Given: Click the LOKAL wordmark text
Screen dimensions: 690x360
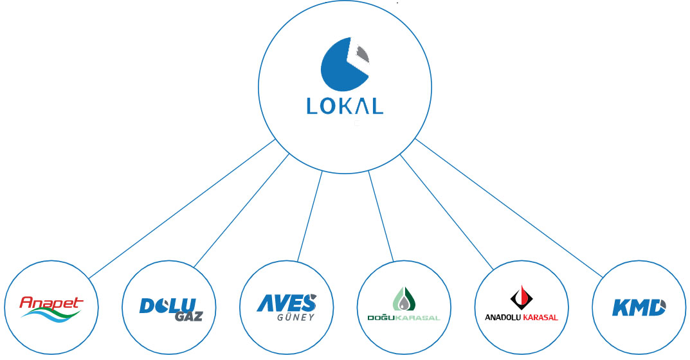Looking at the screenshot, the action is [x=345, y=106].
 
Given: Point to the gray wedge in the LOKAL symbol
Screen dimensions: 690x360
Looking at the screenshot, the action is [x=362, y=55].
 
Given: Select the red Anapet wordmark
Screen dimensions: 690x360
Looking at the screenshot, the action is [x=51, y=302].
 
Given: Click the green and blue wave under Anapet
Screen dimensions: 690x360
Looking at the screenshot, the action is [x=51, y=313].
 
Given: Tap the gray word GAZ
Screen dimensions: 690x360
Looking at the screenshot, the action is [x=189, y=316].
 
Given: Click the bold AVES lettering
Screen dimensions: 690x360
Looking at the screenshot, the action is [x=286, y=303].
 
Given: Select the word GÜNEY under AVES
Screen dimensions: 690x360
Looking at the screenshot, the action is [x=296, y=317].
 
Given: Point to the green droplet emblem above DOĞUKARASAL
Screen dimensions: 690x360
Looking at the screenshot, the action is [x=404, y=300].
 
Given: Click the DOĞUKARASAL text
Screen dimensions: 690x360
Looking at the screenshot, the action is [x=404, y=318].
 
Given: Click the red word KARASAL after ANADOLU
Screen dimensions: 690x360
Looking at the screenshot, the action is [x=540, y=318].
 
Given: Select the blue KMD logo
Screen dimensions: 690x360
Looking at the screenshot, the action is [x=639, y=307].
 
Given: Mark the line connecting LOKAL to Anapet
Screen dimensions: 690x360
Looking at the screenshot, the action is [x=182, y=209].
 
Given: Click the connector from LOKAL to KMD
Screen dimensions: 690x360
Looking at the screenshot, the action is [x=509, y=208].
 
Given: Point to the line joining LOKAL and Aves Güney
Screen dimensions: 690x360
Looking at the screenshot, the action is [x=310, y=216].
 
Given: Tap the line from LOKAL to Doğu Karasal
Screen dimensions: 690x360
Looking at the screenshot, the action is [x=381, y=216].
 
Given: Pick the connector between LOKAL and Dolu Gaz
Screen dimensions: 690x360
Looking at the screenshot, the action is [x=242, y=210].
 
